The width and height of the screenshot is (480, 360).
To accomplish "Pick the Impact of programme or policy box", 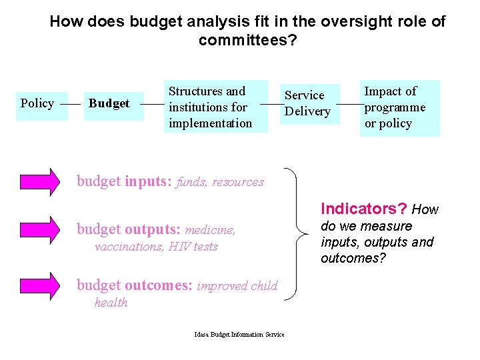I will [399, 107].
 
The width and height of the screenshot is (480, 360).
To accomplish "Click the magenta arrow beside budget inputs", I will [39, 182].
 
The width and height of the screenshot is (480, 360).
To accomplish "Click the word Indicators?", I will [364, 209].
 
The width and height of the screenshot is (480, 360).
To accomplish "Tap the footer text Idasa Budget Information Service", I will [239, 335].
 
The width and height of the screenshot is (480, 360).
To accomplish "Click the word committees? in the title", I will [247, 41].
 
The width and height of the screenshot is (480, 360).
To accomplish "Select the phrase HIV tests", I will [193, 247].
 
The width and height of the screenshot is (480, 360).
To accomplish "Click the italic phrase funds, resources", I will [220, 182].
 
